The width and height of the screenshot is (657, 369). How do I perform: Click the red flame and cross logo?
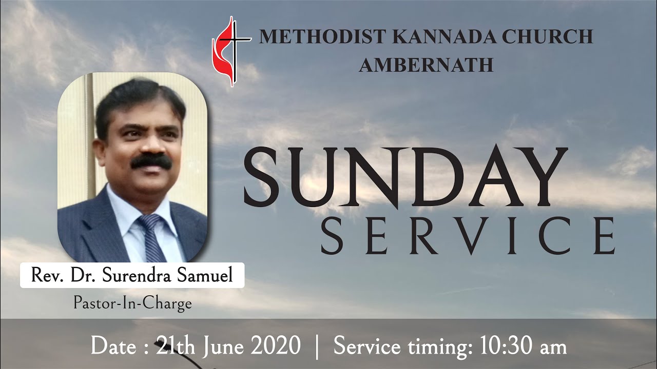[x=230, y=50]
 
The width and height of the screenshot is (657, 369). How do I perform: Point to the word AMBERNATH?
[x=426, y=65]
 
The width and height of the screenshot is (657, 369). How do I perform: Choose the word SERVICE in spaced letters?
[x=468, y=234]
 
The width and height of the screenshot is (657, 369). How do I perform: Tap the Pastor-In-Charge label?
[x=132, y=303]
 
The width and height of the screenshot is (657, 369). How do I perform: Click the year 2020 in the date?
[x=276, y=346]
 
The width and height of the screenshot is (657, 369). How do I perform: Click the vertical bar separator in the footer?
[x=318, y=346]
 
